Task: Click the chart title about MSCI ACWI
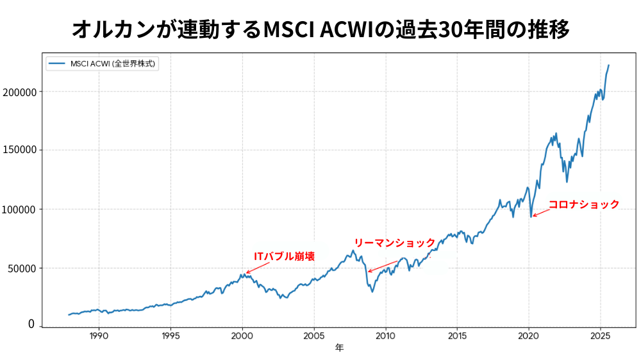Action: (320, 29)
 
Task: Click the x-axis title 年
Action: (339, 348)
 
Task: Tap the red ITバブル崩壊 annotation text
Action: (285, 256)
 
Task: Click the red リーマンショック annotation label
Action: (394, 242)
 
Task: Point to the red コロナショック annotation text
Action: (584, 204)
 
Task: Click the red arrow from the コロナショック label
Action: (540, 213)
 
